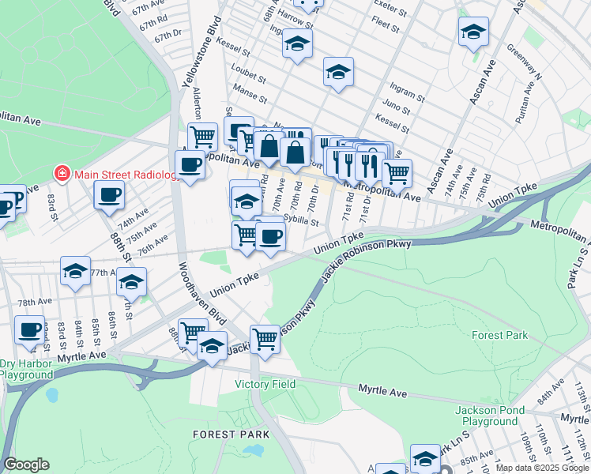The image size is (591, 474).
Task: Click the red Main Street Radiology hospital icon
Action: pyautogui.click(x=60, y=173)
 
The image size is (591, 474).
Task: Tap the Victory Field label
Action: pyautogui.click(x=265, y=385)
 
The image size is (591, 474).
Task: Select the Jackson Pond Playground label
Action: pyautogui.click(x=495, y=416)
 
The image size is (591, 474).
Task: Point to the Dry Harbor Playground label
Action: pyautogui.click(x=26, y=369)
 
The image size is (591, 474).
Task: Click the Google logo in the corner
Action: pyautogui.click(x=26, y=465)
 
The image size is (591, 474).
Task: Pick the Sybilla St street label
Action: pyautogui.click(x=300, y=222)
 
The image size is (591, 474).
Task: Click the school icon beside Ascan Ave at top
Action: pyautogui.click(x=473, y=32)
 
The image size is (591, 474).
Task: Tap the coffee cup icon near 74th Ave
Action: pyautogui.click(x=109, y=194)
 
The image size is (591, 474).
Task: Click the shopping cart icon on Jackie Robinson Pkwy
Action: pyautogui.click(x=265, y=339)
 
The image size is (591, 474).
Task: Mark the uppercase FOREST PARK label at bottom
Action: pyautogui.click(x=231, y=434)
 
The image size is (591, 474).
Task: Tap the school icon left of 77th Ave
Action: pyautogui.click(x=76, y=271)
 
